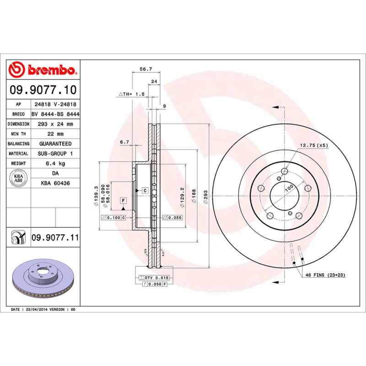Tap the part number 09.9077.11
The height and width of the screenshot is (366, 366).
[55, 238]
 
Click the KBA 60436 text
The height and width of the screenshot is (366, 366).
[55, 183]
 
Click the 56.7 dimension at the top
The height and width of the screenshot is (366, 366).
[145, 69]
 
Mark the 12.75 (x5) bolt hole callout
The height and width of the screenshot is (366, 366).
[314, 145]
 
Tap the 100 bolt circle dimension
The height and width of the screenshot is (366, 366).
[289, 188]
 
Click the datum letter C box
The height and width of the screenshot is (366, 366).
[145, 190]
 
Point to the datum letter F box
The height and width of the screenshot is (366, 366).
[123, 200]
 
